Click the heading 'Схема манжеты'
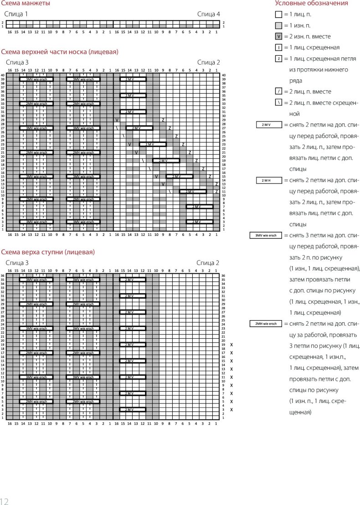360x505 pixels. (x=26, y=3)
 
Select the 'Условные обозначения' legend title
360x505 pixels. (x=311, y=3)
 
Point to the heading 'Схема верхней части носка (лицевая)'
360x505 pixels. (x=60, y=52)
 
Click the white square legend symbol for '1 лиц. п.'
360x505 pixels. (x=278, y=15)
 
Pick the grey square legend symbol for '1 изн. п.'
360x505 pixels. (x=278, y=26)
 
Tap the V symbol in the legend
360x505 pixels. (x=278, y=36)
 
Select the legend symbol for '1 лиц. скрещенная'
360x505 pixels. (x=278, y=47)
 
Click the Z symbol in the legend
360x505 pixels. (x=278, y=58)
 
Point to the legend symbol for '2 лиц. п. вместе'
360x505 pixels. (x=278, y=92)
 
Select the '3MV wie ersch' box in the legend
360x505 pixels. (x=266, y=235)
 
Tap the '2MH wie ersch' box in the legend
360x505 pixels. (x=266, y=324)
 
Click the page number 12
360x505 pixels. (x=5, y=501)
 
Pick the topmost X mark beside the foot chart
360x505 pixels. (x=231, y=345)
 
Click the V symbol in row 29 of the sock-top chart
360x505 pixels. (x=117, y=120)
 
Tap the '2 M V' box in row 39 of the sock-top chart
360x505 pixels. (x=133, y=79)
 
